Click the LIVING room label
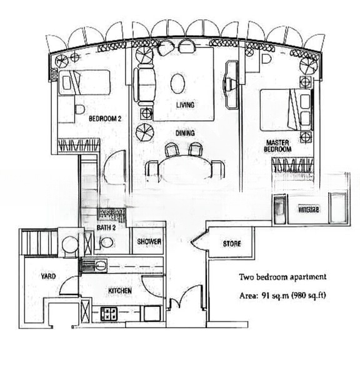pyautogui.click(x=185, y=105)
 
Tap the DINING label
pyautogui.click(x=185, y=132)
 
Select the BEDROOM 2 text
pyautogui.click(x=104, y=119)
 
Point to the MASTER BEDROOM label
pyautogui.click(x=278, y=146)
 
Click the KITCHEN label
pyautogui.click(x=120, y=291)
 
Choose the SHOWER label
pyautogui.click(x=149, y=242)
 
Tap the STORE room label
pyautogui.click(x=231, y=244)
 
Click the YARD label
pyautogui.click(x=49, y=275)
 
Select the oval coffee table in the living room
pyautogui.click(x=179, y=83)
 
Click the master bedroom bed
pyautogui.click(x=284, y=110)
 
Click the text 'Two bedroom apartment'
pyautogui.click(x=282, y=277)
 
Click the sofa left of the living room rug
pyautogui.click(x=146, y=85)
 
